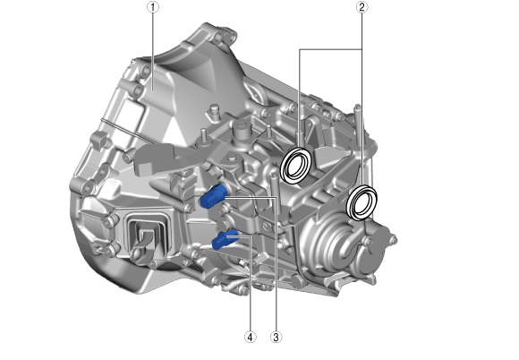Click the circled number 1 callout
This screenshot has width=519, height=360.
pyautogui.click(x=153, y=7)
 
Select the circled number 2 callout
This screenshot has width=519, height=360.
pyautogui.click(x=362, y=7)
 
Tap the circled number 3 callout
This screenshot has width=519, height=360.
pyautogui.click(x=276, y=337)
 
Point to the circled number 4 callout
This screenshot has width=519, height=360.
pyautogui.click(x=250, y=337)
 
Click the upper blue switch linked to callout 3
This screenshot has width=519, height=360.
pyautogui.click(x=212, y=197)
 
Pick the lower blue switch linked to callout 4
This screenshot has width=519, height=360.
pyautogui.click(x=225, y=238)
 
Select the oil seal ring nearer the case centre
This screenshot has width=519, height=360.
pyautogui.click(x=296, y=164)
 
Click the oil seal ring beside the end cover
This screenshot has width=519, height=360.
pyautogui.click(x=362, y=202)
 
